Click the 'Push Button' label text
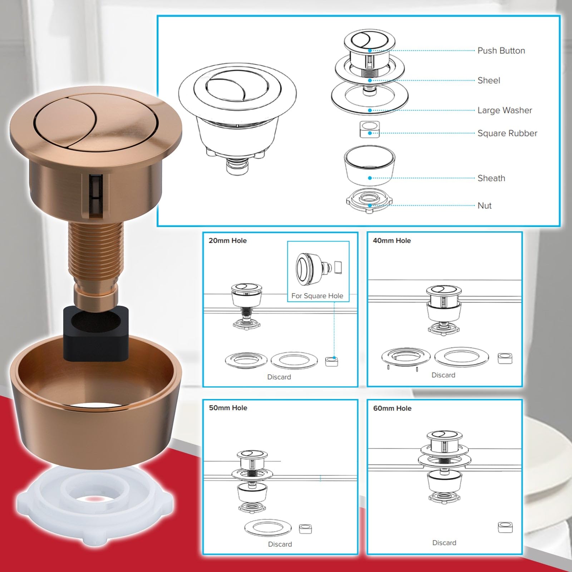501,51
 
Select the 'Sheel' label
489,80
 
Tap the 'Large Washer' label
505,110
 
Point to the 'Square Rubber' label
507,133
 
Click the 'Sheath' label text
491,178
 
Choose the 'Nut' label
484,206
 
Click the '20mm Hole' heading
228,241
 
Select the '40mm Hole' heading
392,241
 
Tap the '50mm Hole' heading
228,408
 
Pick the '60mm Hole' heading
392,408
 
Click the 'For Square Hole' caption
317,296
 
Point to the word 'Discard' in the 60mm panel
444,543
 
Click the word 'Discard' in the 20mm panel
279,377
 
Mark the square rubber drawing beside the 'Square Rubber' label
370,129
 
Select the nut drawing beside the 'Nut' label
369,201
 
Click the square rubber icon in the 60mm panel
505,527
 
